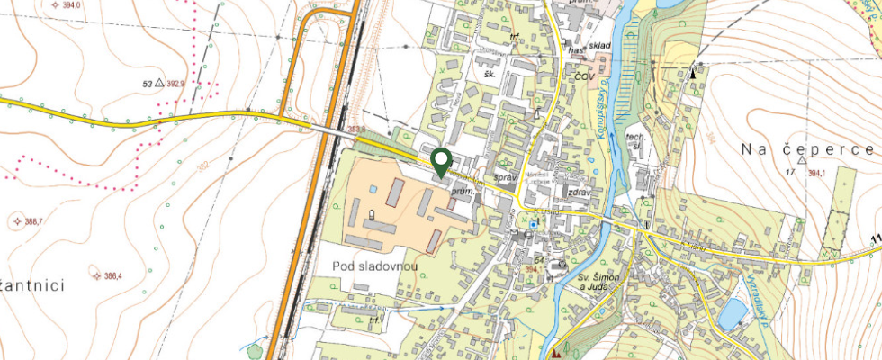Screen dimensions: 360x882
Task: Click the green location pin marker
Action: click(441, 161)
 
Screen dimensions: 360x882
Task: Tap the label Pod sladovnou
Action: click(371, 265)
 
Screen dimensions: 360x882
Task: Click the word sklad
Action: click(577, 42)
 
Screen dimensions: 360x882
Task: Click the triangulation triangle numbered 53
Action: click(159, 83)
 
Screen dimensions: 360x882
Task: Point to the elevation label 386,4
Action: click(113, 276)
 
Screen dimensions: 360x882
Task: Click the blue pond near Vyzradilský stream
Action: click(733, 311)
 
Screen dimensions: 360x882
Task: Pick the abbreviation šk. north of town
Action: click(490, 74)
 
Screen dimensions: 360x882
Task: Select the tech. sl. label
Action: click(636, 141)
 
